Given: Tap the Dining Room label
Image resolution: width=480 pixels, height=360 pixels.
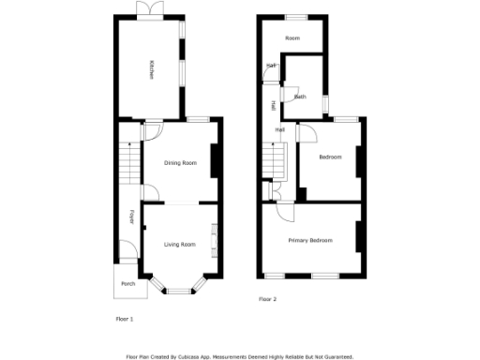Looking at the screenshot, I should pos(181,163).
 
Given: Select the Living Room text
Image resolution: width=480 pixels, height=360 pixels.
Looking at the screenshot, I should pos(180,244).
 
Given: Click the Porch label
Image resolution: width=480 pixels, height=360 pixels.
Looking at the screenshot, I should pos(127,284).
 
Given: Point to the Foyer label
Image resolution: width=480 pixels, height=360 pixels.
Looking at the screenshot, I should pos(132,218).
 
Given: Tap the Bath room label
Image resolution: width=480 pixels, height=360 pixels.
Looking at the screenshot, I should pos(301,97).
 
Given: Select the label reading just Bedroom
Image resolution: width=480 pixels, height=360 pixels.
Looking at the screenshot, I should pos(330,157).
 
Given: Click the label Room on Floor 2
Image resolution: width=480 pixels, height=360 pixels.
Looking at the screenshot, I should pos(292,37).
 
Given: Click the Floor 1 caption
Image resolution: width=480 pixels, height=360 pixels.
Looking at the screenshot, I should pos(124,319).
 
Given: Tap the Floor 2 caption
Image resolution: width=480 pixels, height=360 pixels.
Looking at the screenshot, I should pos(268,300).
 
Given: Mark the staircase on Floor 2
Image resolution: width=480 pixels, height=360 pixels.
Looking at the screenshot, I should pos(273,162).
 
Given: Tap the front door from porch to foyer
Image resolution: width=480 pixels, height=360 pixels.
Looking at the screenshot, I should pos(124,252).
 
